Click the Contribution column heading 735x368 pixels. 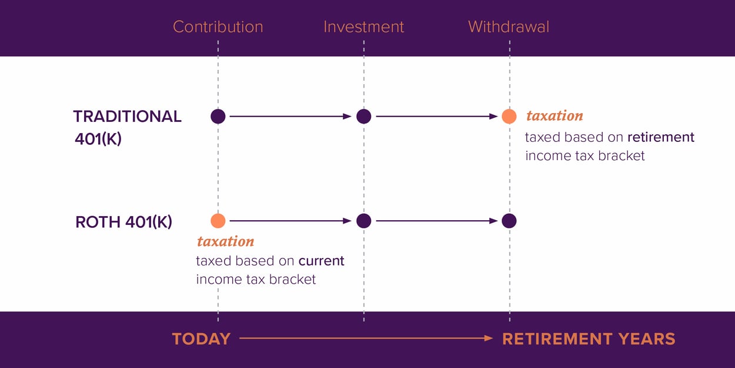click(218, 27)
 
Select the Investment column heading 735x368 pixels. click(363, 27)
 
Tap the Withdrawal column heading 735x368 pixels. click(509, 27)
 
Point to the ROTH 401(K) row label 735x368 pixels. click(123, 222)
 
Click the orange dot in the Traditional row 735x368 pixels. click(509, 117)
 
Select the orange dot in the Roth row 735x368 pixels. click(218, 221)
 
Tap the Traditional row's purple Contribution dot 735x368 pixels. click(218, 117)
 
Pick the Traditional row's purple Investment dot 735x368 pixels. click(363, 117)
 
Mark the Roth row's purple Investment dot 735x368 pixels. click(363, 221)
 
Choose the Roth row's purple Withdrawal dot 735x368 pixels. click(509, 221)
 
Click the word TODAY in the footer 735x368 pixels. click(201, 339)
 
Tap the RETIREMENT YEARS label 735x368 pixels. click(589, 339)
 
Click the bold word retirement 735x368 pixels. click(661, 137)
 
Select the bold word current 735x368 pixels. click(321, 261)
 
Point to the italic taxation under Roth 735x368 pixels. click(226, 241)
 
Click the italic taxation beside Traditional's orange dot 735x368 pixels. click(554, 116)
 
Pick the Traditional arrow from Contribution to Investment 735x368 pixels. click(290, 117)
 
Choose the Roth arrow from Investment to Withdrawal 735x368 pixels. click(436, 221)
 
